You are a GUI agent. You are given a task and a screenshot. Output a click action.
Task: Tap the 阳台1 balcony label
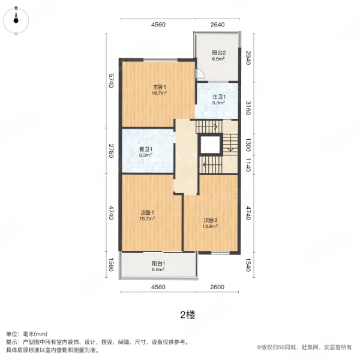[158, 266]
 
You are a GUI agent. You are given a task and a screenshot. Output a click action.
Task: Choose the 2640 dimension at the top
[217, 25]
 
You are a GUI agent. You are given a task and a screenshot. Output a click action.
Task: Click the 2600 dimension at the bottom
[217, 287]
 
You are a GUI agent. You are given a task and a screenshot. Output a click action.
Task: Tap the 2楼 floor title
[187, 314]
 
